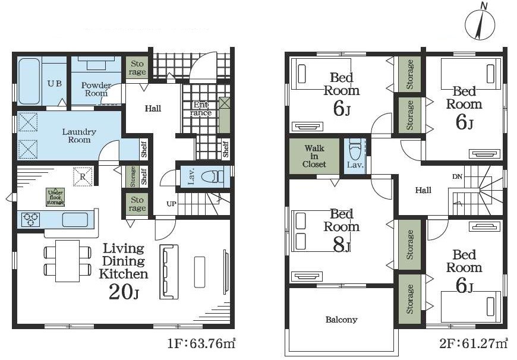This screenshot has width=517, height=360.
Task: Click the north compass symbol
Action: tap(480, 24)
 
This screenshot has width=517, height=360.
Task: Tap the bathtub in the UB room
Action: tap(29, 81)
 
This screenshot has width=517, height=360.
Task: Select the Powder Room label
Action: tap(96, 89)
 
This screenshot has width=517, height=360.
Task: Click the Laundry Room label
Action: tap(79, 136)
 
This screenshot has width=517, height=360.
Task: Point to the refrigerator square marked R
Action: tap(83, 176)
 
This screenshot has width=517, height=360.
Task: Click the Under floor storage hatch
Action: tap(55, 197)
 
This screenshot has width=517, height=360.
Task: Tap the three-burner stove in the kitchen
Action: tap(31, 220)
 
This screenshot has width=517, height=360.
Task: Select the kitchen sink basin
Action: tap(75, 220)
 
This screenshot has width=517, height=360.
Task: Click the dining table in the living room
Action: tap(68, 261)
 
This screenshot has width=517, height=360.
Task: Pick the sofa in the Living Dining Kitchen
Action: tap(169, 271)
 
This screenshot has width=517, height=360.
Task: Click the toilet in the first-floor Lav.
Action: tap(212, 176)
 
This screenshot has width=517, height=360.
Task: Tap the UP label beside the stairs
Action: tap(171, 204)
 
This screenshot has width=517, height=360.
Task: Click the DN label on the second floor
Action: tap(457, 176)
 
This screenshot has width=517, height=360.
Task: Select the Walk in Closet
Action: tap(314, 156)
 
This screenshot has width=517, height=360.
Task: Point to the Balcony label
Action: tap(341, 320)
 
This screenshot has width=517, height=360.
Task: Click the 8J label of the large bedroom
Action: tap(342, 245)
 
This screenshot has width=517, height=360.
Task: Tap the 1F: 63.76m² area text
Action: tap(201, 343)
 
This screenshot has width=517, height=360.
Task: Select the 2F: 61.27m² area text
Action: tap(473, 343)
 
